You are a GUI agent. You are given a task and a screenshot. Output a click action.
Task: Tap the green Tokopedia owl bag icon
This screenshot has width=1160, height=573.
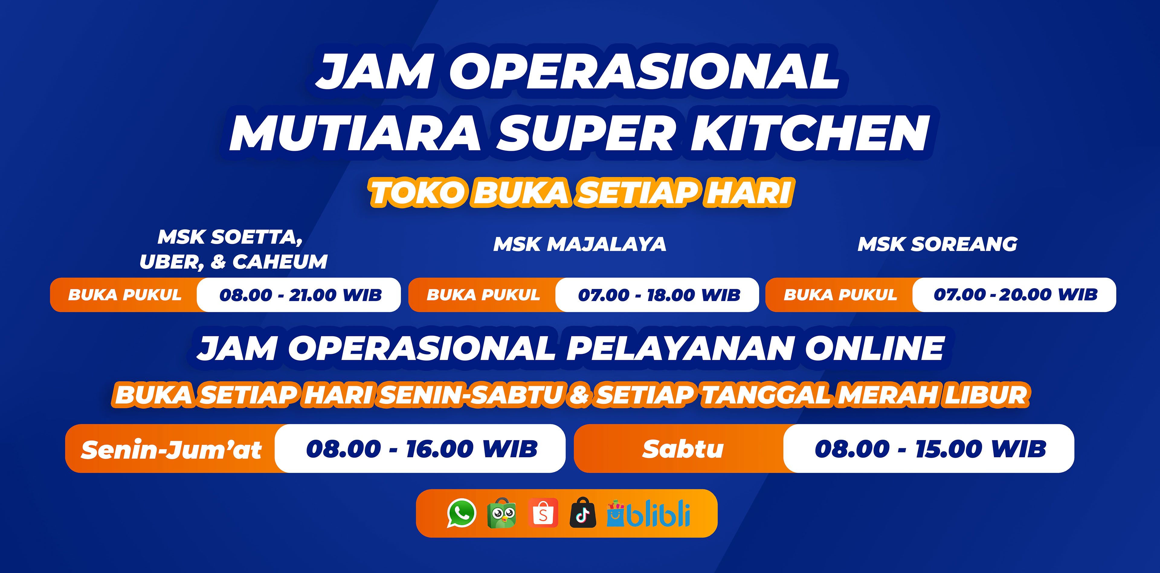[x=502, y=513]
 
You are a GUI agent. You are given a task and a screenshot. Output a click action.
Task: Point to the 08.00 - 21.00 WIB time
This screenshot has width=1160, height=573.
[x=300, y=295]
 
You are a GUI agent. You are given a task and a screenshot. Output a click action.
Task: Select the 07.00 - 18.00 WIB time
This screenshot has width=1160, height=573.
[x=659, y=295]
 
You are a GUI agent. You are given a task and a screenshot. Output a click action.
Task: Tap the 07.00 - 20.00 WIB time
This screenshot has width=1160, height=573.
[x=1015, y=295]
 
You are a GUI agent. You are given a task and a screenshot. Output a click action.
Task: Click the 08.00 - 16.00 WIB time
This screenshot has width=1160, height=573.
[x=422, y=449]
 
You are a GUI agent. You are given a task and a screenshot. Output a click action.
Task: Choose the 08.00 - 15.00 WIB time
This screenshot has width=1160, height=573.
[x=930, y=449]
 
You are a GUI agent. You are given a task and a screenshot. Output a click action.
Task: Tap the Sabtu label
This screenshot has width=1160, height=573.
[x=683, y=449]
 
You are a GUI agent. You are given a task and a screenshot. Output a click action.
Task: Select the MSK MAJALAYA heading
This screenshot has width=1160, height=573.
[x=580, y=244]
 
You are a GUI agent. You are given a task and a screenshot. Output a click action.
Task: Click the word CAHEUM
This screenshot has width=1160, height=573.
[x=280, y=262]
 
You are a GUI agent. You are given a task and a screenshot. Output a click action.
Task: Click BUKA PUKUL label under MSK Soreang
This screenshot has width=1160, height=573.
[x=840, y=295]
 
